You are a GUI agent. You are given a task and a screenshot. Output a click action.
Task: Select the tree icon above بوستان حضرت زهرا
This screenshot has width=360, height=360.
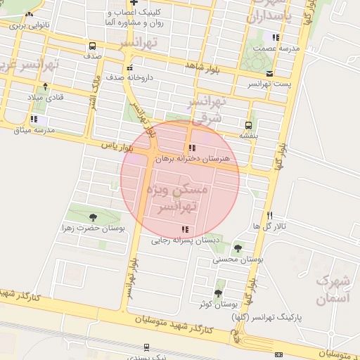94,217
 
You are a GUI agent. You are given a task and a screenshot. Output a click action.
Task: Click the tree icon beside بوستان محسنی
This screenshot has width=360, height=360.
238,248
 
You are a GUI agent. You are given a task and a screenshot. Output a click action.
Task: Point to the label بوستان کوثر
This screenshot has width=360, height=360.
214,304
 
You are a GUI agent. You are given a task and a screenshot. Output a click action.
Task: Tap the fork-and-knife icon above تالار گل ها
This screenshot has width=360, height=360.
269,215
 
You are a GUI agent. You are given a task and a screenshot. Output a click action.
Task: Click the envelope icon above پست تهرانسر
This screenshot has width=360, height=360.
270,73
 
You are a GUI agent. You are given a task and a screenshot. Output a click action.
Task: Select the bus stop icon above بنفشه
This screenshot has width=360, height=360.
249,124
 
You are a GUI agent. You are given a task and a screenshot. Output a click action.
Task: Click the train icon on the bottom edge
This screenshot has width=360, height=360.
146,347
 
